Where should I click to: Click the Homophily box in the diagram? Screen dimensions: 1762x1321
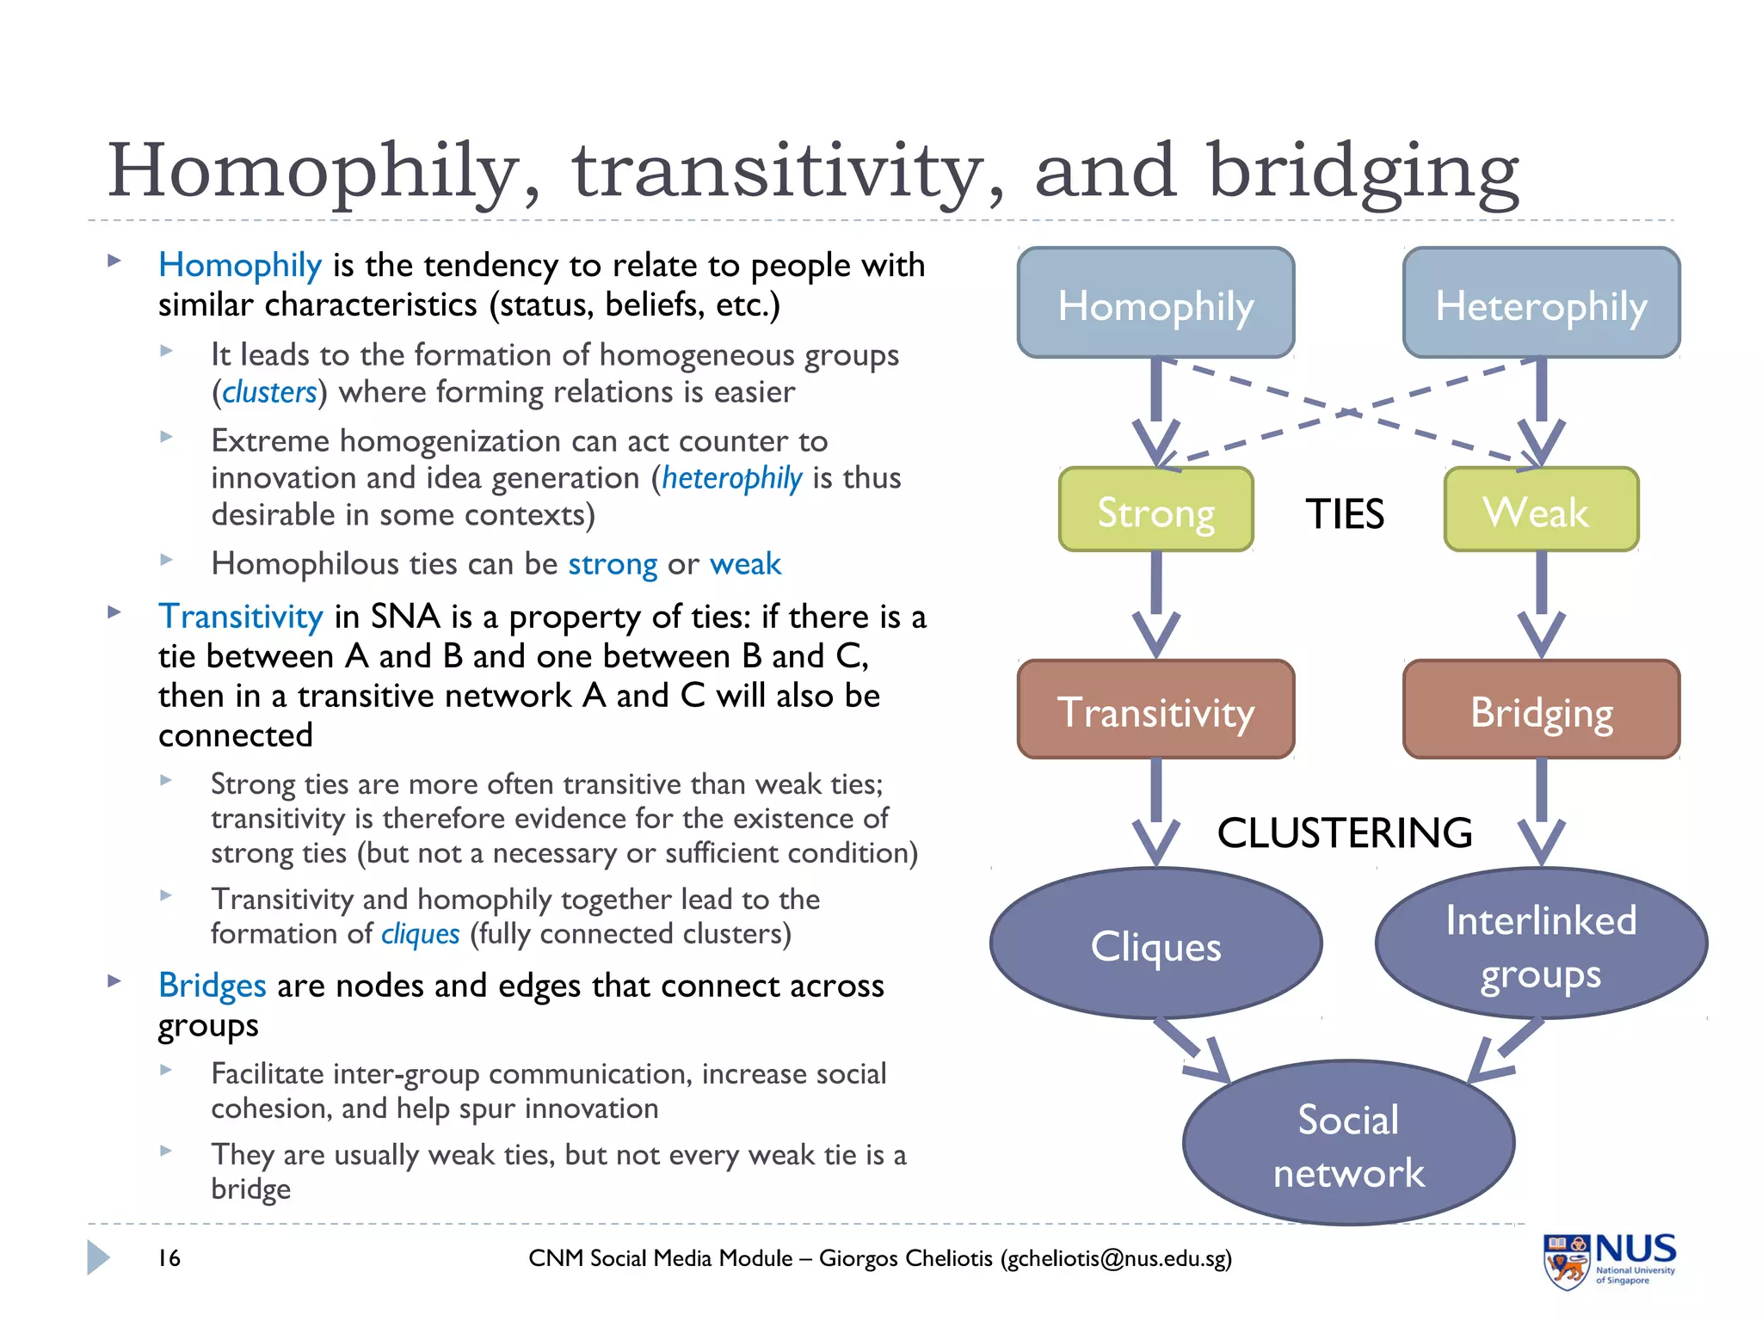(1155, 303)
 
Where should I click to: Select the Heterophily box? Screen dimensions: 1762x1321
(1541, 303)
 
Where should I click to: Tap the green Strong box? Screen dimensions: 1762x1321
(1155, 510)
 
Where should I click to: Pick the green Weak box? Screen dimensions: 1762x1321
(1541, 510)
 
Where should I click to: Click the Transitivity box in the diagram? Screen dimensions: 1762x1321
(1155, 710)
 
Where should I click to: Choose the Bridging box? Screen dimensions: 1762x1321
(1541, 710)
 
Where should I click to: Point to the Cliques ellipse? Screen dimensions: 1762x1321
(1155, 943)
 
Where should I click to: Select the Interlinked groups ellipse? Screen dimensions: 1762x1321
(1541, 943)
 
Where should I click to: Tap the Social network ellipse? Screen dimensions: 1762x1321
(1348, 1143)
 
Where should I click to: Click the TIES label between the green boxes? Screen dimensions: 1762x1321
(1345, 514)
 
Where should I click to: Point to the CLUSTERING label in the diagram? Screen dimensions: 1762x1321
(1345, 833)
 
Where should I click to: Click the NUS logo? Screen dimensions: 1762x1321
(1609, 1260)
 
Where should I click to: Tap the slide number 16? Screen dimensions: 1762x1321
(169, 1258)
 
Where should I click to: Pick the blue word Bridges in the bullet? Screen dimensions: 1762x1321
(213, 986)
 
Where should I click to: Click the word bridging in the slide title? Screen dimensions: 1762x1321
(1363, 172)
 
